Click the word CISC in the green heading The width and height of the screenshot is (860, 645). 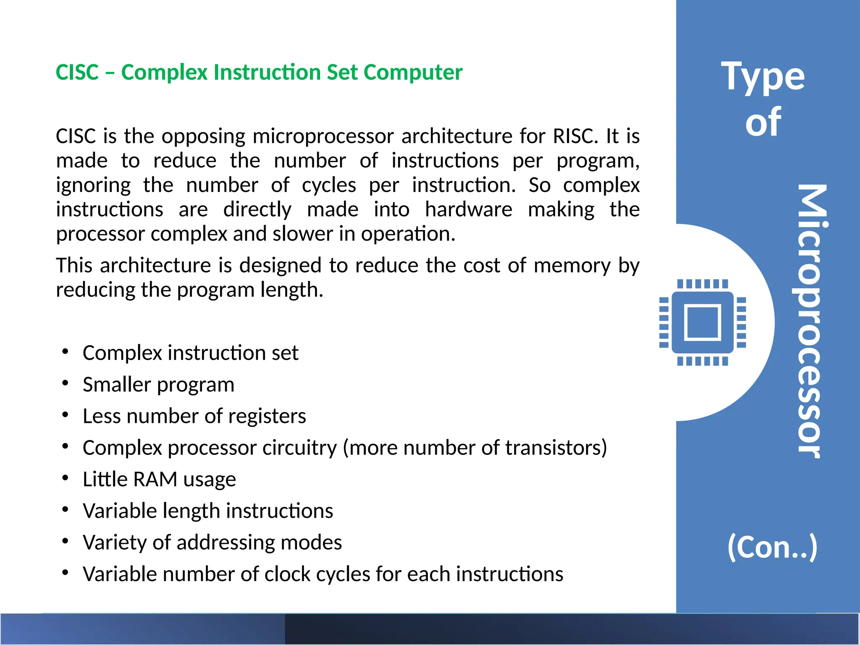[77, 72]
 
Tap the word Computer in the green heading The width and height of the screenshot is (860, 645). [413, 72]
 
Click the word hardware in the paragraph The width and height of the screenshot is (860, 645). [468, 209]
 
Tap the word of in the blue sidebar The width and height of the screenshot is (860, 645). [763, 122]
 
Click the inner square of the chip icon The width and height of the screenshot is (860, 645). [703, 322]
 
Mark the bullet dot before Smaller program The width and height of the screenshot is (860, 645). [65, 383]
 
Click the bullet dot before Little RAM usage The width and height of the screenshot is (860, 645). [65, 478]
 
